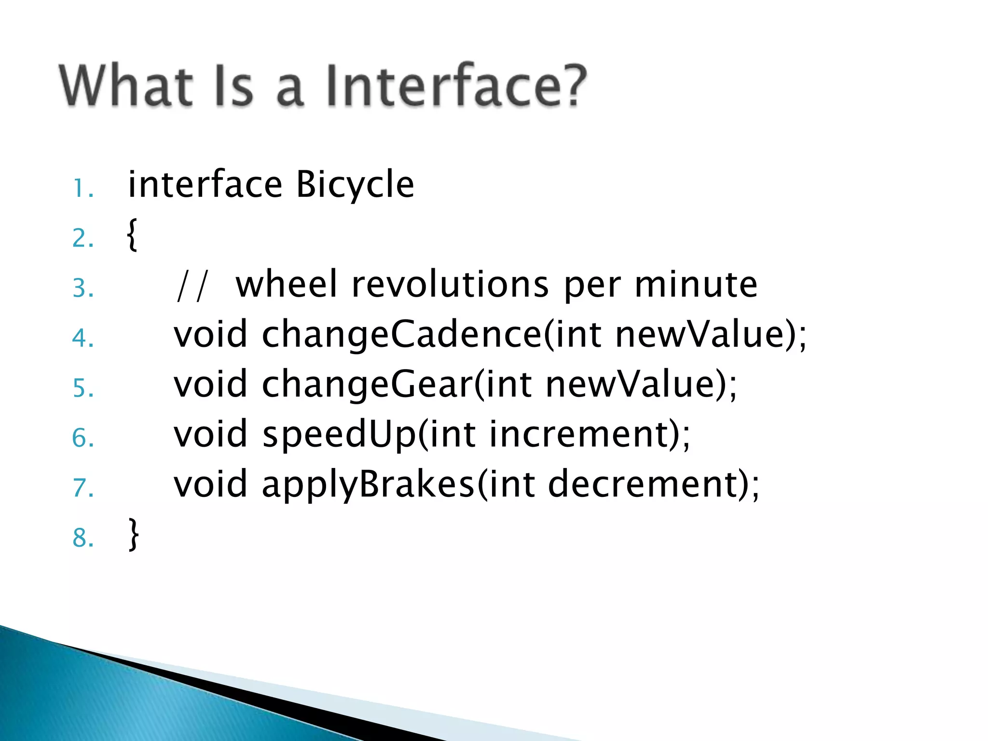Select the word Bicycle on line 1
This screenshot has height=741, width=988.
pyautogui.click(x=355, y=186)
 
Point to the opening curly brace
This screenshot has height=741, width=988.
pyautogui.click(x=132, y=235)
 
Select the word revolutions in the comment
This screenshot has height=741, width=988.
pyautogui.click(x=450, y=285)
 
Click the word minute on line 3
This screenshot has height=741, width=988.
pyautogui.click(x=696, y=285)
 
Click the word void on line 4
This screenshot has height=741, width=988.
pyautogui.click(x=211, y=335)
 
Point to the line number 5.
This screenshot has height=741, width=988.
pyautogui.click(x=82, y=388)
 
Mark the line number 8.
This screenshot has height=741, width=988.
pyautogui.click(x=82, y=538)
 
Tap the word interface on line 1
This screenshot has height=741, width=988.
pyautogui.click(x=205, y=186)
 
